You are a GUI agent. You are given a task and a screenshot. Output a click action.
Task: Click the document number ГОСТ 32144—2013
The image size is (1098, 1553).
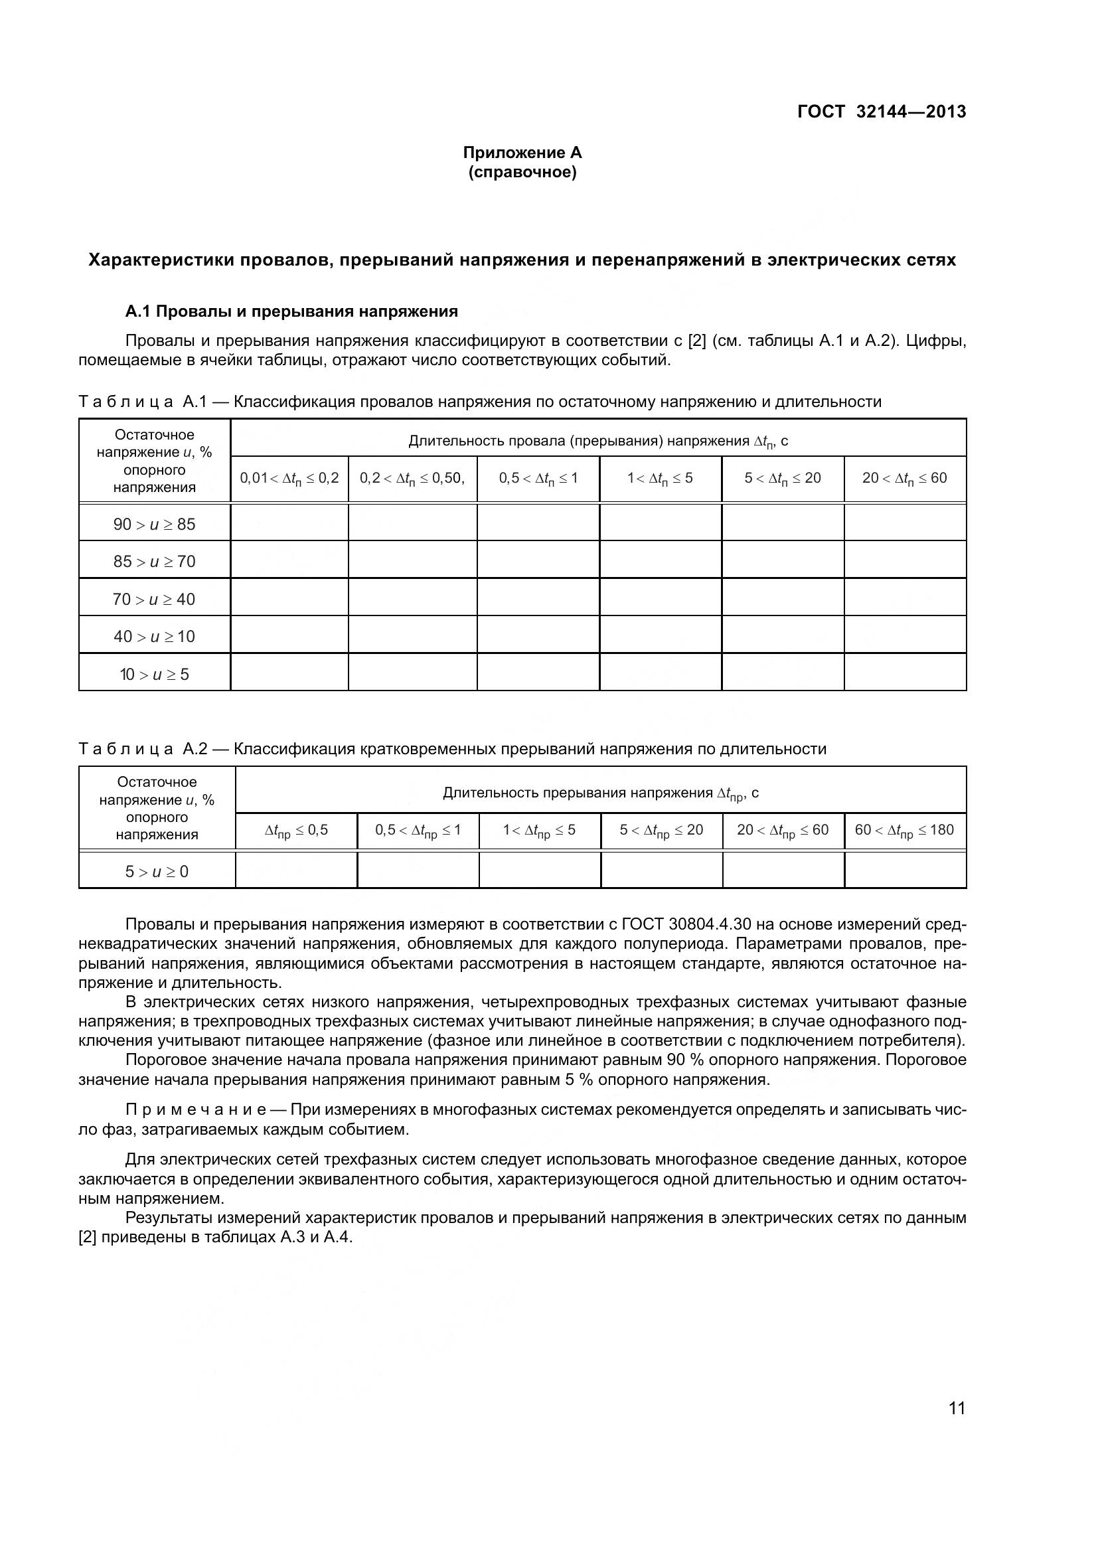point(881,112)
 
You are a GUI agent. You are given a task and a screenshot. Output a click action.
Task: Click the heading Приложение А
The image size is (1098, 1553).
point(522,153)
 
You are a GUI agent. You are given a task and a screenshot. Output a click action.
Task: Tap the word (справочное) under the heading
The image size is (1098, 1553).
point(522,173)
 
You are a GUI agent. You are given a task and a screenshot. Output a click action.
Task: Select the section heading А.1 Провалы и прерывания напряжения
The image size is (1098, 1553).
point(291,311)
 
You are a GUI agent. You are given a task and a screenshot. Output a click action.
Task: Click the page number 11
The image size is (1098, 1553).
point(957,1408)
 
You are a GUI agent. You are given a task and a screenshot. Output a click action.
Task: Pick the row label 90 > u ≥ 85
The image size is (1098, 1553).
point(154,525)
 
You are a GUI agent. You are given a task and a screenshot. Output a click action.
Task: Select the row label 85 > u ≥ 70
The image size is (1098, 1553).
point(154,562)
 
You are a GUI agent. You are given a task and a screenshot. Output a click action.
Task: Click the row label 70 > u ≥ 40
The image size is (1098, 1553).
point(154,600)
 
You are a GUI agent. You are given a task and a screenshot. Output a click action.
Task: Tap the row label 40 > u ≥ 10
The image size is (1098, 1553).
point(154,637)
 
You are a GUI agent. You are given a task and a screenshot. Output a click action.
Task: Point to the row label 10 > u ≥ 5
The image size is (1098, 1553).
point(154,675)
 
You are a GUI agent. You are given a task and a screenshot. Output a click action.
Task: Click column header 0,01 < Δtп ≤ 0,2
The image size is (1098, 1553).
point(289,478)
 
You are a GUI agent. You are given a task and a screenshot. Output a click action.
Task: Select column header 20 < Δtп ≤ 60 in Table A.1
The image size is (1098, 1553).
point(904,478)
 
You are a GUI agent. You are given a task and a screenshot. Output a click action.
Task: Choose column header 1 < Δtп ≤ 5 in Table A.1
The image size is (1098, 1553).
point(660,478)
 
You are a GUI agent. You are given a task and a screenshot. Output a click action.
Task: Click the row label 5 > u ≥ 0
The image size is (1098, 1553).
point(157,871)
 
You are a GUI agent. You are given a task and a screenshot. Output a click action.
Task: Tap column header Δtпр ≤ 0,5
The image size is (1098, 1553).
point(296,830)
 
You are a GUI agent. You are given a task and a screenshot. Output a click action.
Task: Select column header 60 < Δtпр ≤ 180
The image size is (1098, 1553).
point(904,830)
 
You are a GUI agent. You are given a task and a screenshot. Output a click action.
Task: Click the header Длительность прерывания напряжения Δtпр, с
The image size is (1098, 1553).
point(600,793)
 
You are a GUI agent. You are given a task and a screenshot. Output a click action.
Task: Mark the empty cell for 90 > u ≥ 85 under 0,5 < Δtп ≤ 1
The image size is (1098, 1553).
point(538,522)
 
